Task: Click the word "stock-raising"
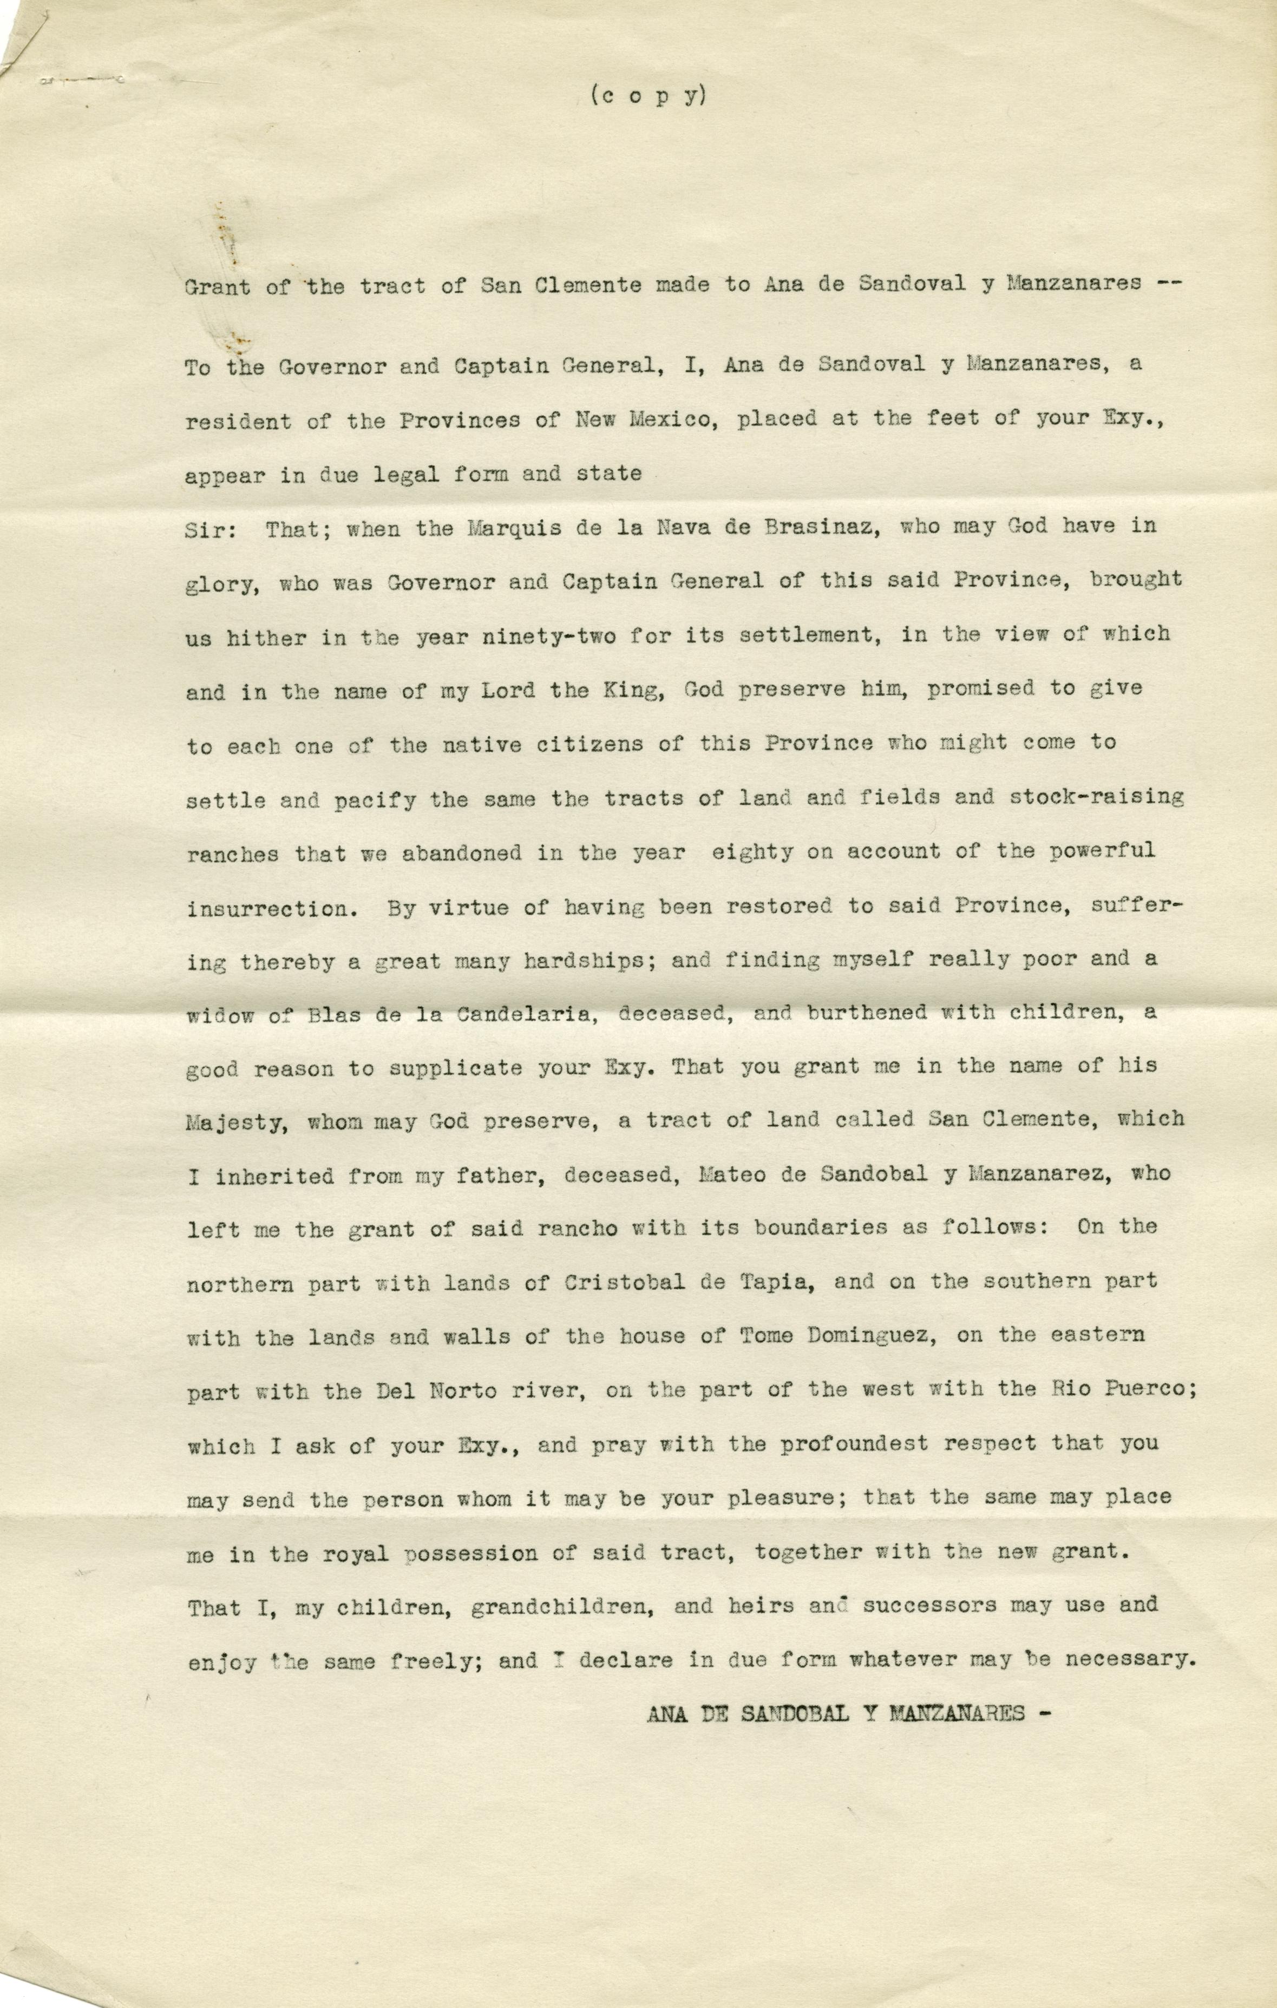tap(1096, 798)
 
